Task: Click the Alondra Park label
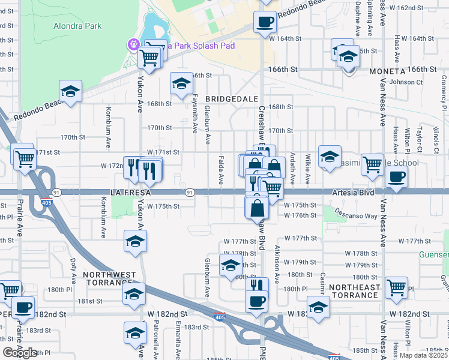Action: point(77,26)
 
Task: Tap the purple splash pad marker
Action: point(133,44)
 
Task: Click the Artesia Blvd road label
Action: point(352,193)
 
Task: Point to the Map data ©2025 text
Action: point(423,355)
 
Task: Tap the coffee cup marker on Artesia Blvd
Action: point(397,177)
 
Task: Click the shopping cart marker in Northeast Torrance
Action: point(396,287)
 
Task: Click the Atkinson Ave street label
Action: point(277,263)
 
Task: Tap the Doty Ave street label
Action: point(73,268)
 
